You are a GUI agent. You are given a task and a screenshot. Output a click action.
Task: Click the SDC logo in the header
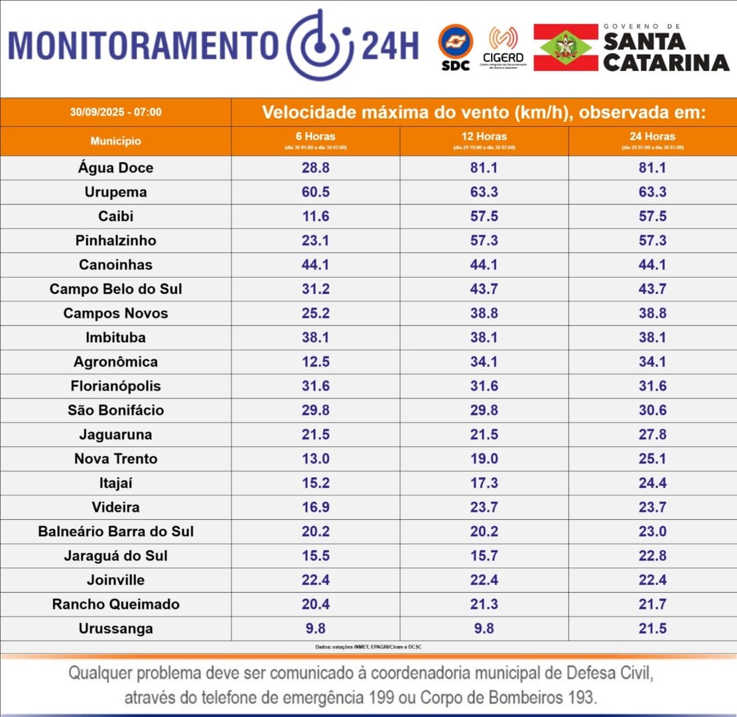pos(455,46)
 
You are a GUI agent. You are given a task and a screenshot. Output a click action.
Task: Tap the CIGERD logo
pos(503,47)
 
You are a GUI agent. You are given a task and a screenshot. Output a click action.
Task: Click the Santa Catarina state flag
pos(565,47)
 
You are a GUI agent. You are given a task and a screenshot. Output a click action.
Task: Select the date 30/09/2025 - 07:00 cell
pos(115,112)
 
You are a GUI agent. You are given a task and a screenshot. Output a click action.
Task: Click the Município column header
pos(115,141)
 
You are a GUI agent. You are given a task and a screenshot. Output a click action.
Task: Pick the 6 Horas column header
pos(315,140)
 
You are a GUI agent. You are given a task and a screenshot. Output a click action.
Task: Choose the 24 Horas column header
pos(652,140)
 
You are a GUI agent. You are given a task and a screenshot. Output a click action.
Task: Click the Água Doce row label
pos(115,168)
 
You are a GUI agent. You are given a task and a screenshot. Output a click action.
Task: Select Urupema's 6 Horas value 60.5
pos(315,193)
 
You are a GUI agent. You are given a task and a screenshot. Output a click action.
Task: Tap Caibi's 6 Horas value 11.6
pos(315,216)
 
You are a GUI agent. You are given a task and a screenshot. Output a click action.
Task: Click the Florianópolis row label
pos(115,386)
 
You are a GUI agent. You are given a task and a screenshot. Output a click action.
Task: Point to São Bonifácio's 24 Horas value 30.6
pos(652,410)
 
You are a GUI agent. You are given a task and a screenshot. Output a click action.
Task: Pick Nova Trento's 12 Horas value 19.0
pos(484,459)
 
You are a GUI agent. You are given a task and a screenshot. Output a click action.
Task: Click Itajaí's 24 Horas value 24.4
pos(652,483)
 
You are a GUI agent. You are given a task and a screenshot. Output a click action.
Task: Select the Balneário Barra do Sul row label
pos(115,532)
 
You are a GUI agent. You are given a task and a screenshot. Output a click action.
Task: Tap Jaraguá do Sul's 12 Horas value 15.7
pos(484,556)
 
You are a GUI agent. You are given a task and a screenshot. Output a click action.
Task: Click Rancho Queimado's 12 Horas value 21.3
pos(484,604)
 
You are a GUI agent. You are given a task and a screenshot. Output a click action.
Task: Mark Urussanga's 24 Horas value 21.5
pos(652,629)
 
